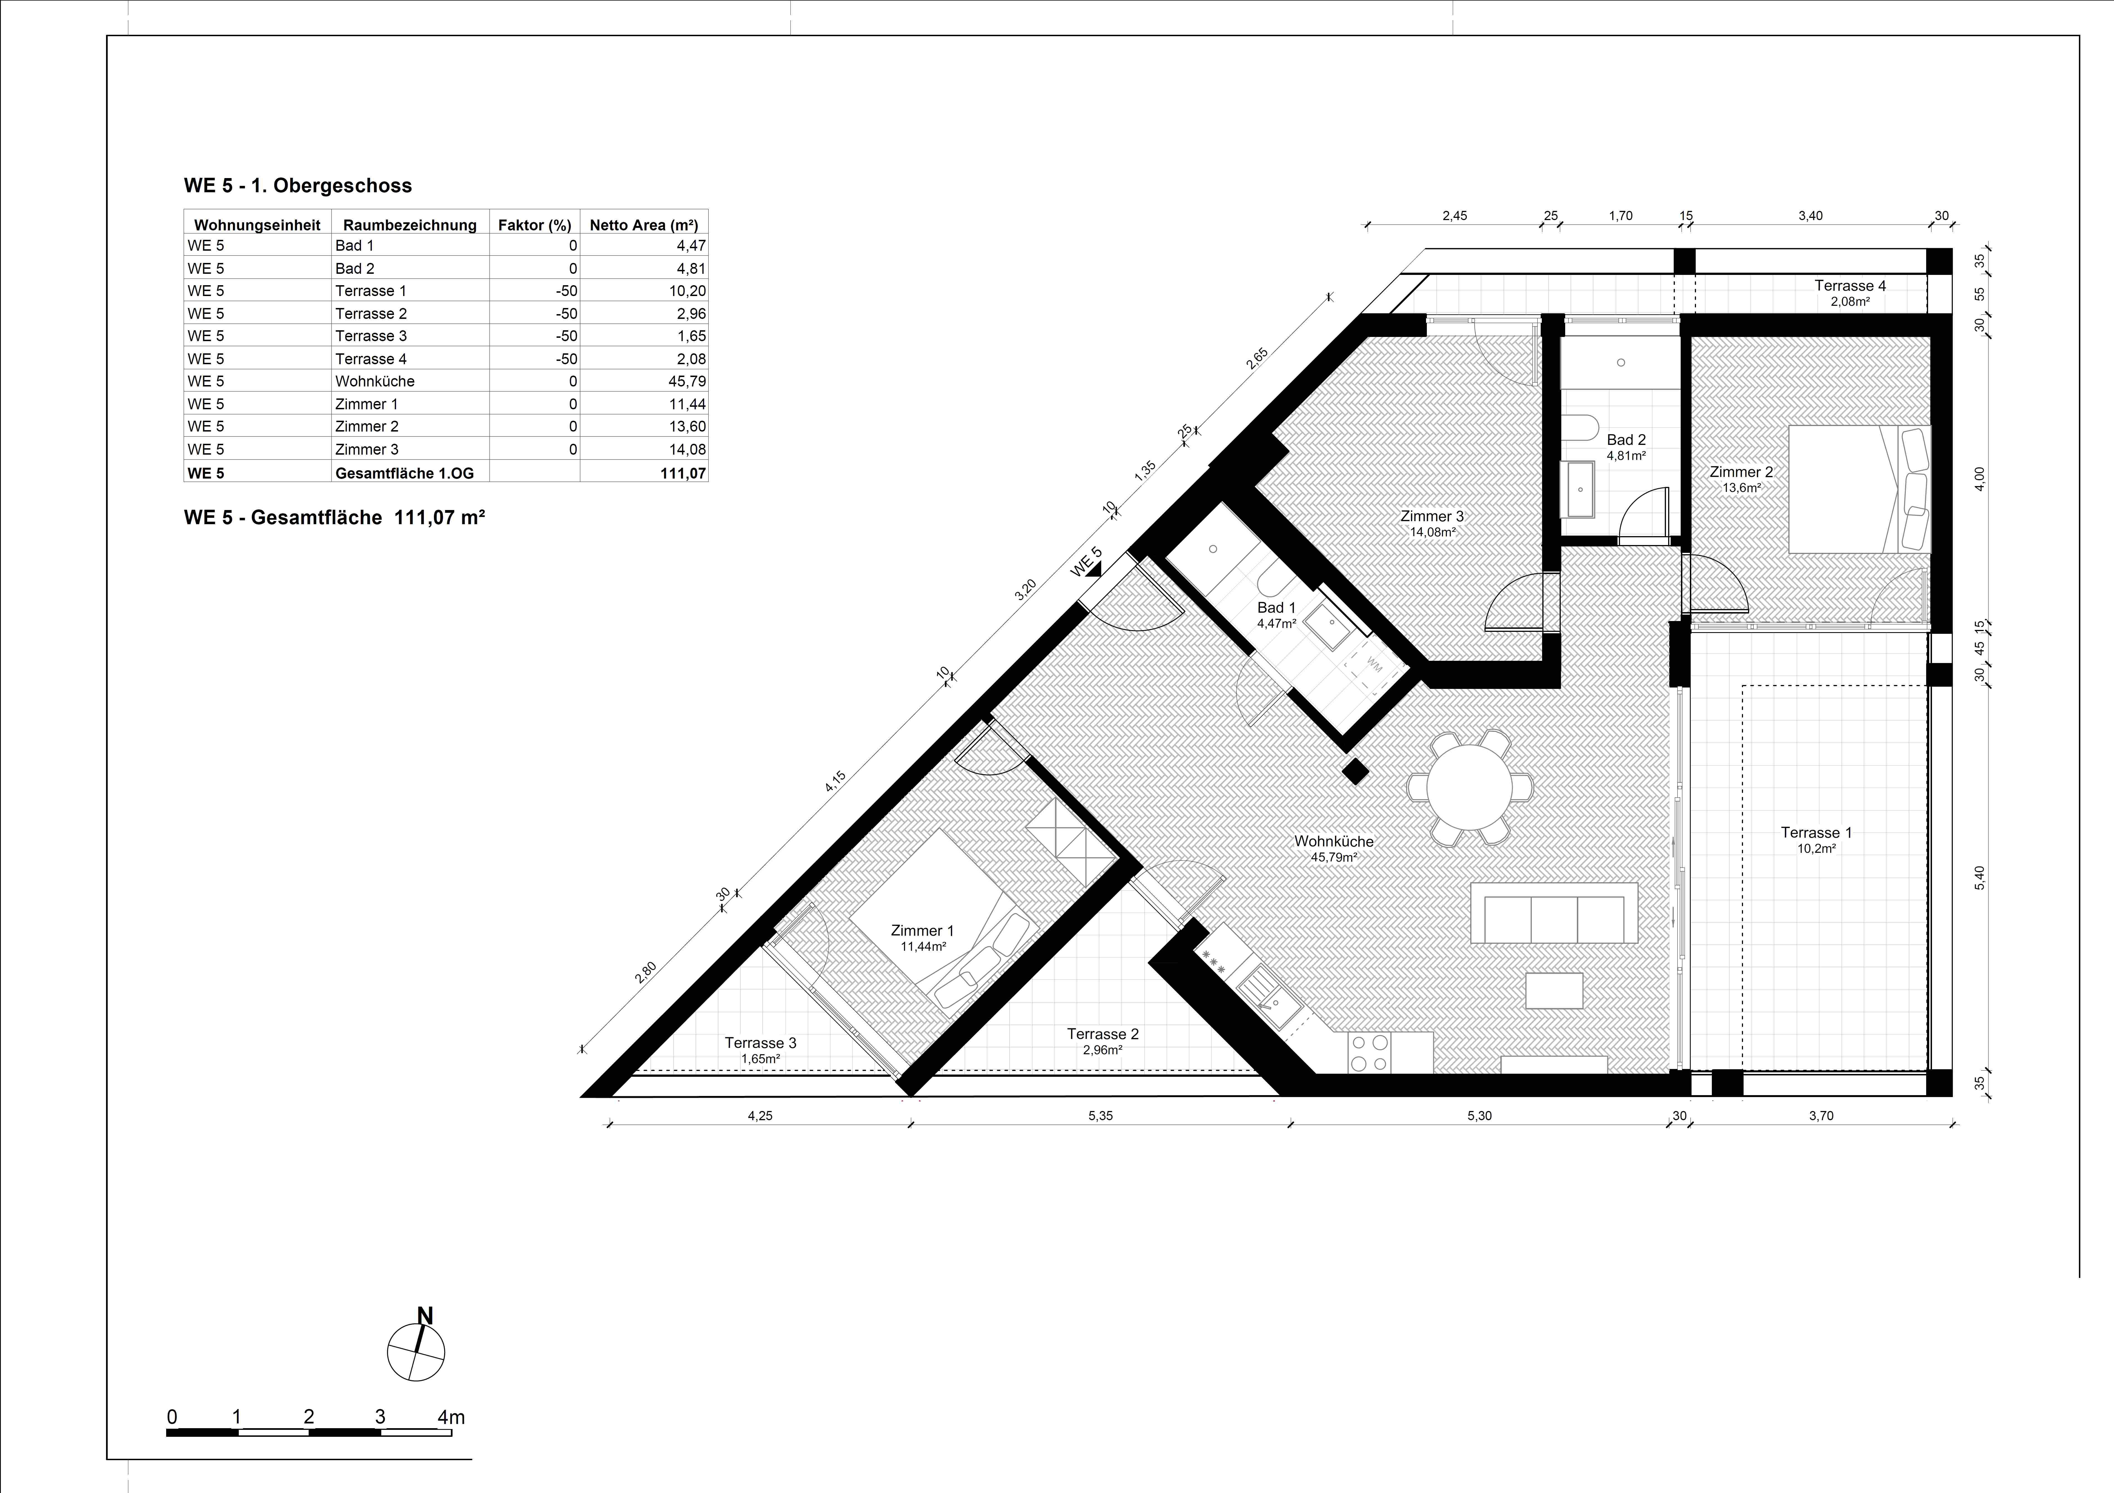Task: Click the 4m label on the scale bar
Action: pos(451,1418)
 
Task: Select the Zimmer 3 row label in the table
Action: pos(367,449)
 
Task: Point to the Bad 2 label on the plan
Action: pos(1626,440)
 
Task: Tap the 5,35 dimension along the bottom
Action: pos(1100,1116)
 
